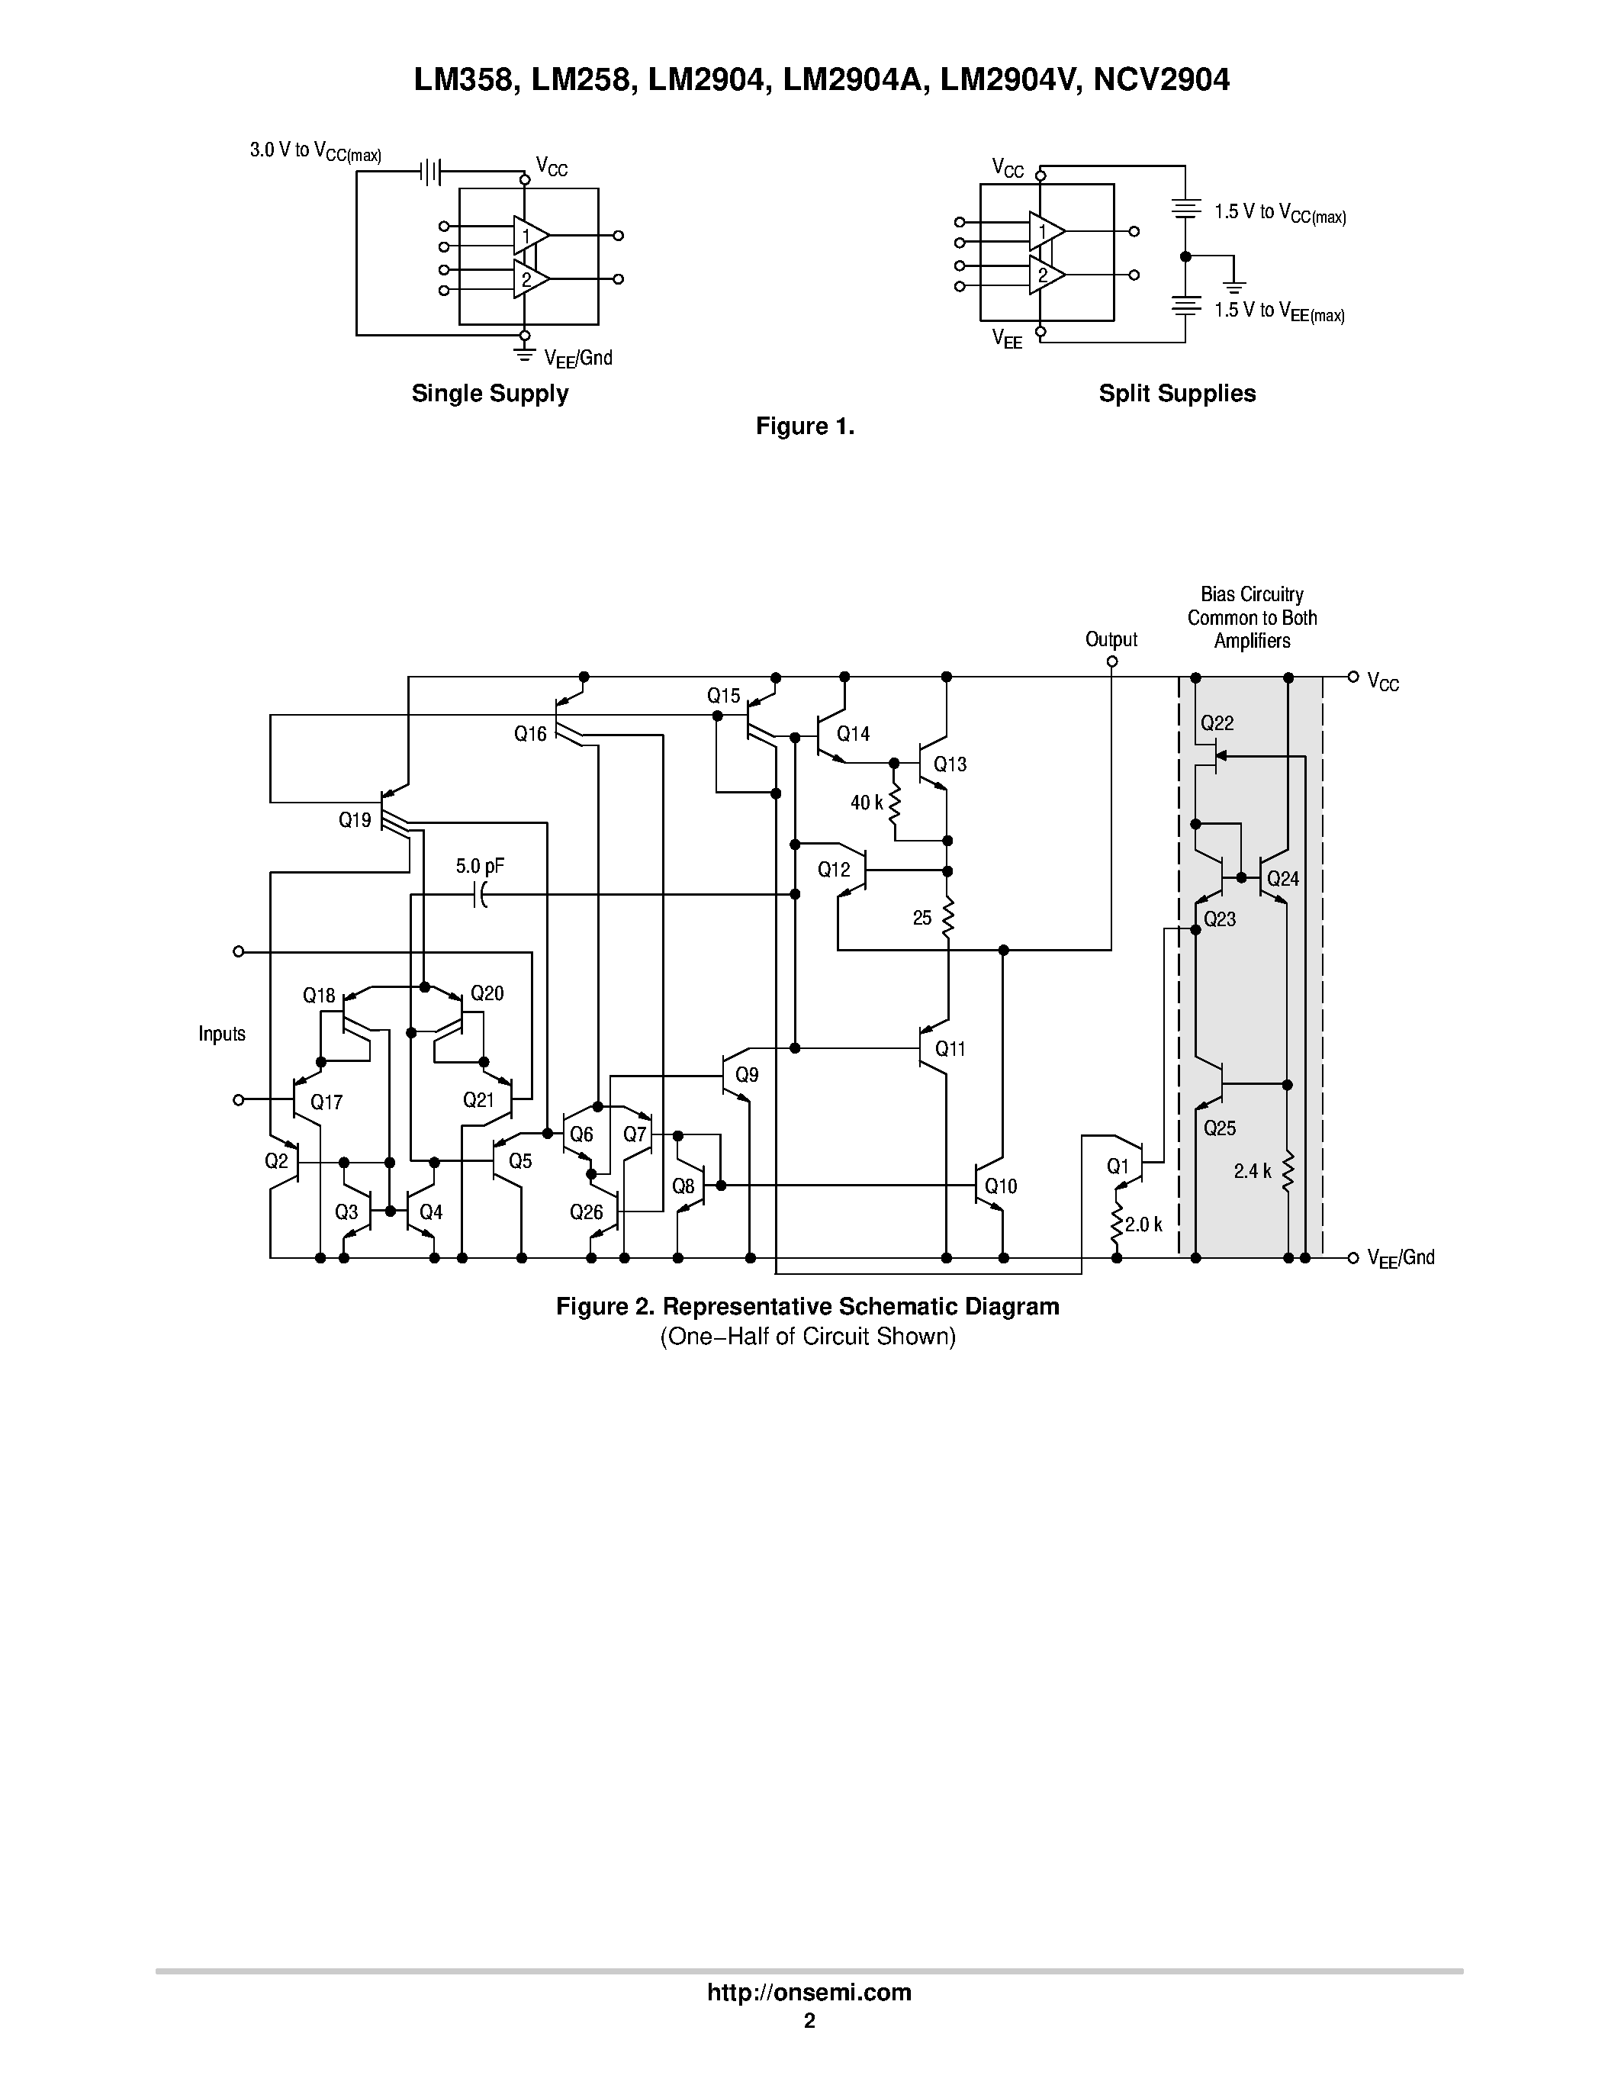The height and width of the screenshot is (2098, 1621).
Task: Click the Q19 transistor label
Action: pos(355,820)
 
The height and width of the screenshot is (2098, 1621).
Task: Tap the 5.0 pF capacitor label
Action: pos(479,867)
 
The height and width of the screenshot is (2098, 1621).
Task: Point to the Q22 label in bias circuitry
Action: pos(1217,723)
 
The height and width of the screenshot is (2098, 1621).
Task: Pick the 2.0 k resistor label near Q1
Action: pos(1143,1224)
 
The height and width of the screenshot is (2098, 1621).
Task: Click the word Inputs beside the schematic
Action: pos(222,1034)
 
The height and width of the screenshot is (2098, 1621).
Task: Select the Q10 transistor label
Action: pos(1001,1186)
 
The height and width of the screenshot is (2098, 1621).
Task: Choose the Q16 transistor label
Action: pos(530,735)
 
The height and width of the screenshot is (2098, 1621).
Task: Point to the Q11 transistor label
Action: pos(950,1049)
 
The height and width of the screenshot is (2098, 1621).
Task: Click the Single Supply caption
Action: pos(490,394)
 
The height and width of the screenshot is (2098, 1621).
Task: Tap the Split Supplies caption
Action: pos(1176,394)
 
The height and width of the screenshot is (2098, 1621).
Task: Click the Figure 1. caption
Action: pos(805,426)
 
